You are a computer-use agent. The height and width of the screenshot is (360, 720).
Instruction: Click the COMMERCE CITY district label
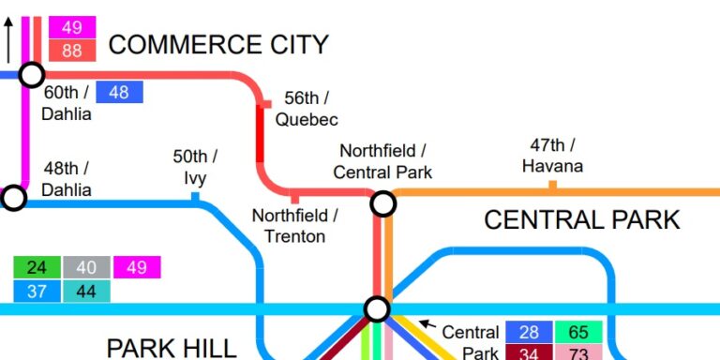coord(218,44)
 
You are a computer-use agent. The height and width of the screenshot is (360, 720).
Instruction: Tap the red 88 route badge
coord(72,52)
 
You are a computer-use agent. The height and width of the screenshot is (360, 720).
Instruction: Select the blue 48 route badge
coord(119,92)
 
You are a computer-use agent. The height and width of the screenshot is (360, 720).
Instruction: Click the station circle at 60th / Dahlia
coord(32,75)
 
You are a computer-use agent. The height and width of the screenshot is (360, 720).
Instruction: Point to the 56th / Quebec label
coord(306,109)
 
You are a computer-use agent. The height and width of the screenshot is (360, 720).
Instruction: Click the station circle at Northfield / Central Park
coord(382,203)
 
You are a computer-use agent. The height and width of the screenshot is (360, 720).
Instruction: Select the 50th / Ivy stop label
coord(195,166)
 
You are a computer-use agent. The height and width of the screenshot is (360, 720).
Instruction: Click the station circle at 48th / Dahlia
coord(13,198)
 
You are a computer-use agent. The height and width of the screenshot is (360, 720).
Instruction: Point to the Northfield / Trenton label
coord(294,226)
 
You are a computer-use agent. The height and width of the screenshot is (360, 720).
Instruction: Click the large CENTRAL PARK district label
coord(581,220)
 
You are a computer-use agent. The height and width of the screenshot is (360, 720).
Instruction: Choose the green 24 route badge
coord(37,267)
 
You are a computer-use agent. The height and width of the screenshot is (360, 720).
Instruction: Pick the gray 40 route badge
coord(86,267)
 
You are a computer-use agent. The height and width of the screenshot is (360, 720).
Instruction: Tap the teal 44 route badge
coord(86,292)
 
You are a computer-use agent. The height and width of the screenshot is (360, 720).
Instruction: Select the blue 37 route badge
coord(37,292)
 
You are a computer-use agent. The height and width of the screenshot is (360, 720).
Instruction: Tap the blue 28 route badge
coord(529,332)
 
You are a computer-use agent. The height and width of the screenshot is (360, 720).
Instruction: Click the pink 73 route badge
coord(578,352)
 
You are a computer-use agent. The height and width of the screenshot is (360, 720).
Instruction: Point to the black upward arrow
coord(8,39)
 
